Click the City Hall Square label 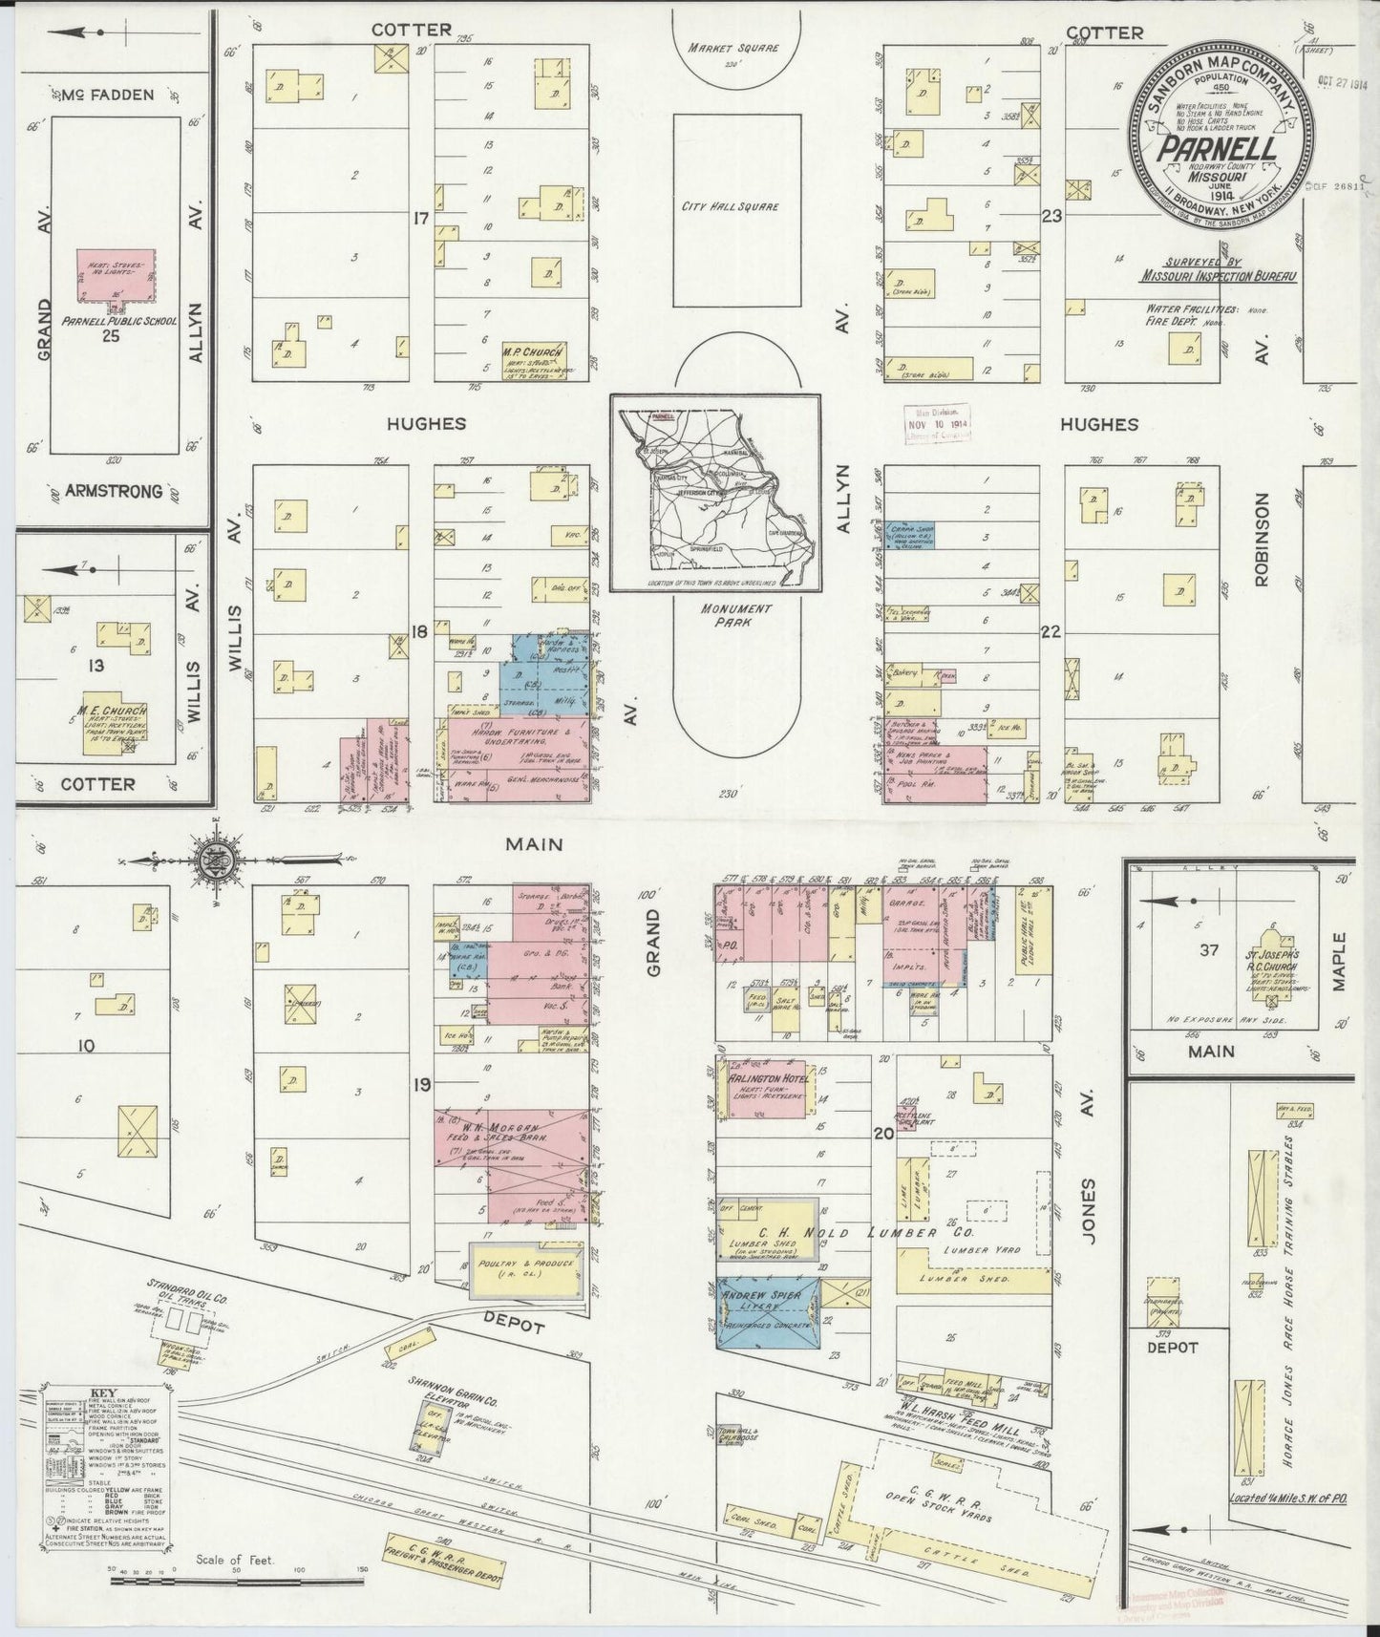click(x=743, y=207)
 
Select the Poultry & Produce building click(x=524, y=1267)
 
